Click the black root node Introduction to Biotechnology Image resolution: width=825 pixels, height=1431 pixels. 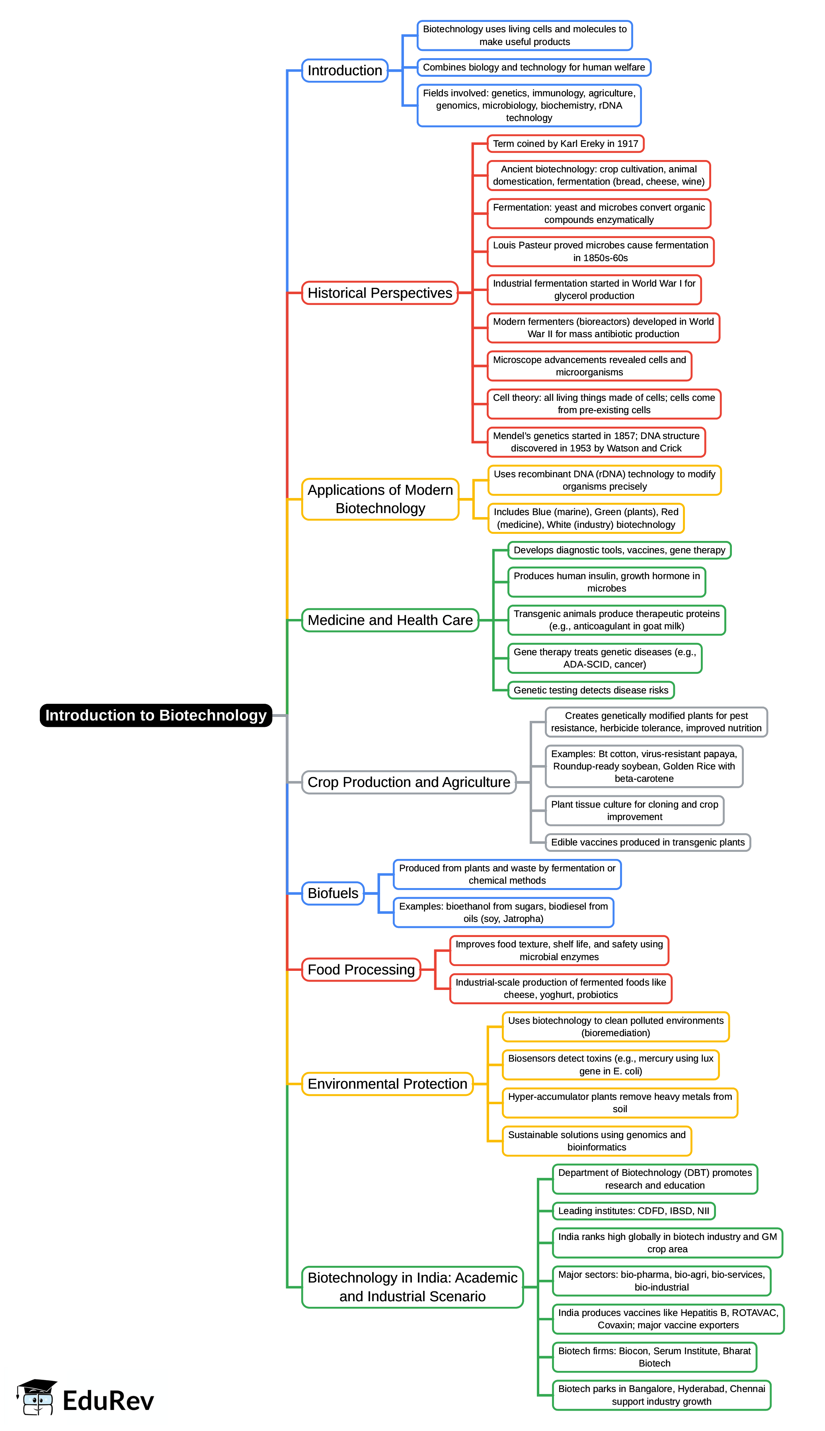[x=156, y=715]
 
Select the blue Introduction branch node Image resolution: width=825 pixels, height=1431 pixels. [x=345, y=71]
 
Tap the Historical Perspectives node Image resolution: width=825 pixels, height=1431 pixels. [x=380, y=293]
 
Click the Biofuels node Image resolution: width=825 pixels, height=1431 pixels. [x=333, y=893]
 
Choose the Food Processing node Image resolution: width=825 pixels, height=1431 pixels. [x=361, y=970]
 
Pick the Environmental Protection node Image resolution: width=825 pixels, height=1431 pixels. [x=387, y=1083]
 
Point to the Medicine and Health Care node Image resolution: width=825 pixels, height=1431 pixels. [x=390, y=620]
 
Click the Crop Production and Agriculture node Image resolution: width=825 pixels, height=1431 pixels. [x=409, y=782]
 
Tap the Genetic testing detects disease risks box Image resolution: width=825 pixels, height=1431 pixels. [x=591, y=690]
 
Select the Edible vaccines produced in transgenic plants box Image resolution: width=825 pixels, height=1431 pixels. [x=647, y=842]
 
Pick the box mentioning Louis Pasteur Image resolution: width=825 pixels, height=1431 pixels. [x=600, y=252]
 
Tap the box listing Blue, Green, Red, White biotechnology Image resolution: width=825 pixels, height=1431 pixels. [x=585, y=518]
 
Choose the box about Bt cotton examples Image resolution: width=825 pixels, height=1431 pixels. [x=644, y=766]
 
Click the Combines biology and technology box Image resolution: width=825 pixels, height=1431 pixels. [x=533, y=67]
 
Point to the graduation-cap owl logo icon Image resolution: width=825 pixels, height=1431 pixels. [x=36, y=1398]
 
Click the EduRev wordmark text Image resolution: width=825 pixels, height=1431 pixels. [x=108, y=1400]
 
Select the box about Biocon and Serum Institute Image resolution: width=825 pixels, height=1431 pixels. [x=654, y=1357]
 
